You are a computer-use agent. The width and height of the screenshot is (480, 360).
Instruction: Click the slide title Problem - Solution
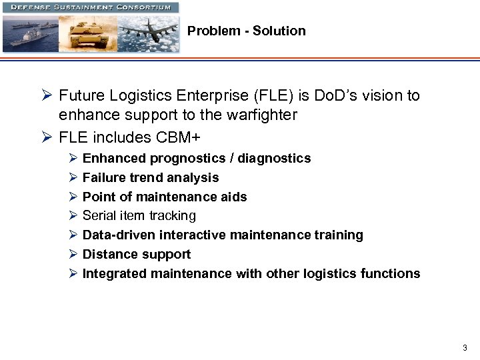246,31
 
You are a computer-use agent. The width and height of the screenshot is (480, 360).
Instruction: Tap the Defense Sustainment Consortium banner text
90,7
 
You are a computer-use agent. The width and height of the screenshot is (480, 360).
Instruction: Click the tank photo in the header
89,33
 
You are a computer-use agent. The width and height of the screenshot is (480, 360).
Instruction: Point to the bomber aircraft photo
148,33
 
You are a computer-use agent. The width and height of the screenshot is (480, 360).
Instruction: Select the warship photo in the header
30,33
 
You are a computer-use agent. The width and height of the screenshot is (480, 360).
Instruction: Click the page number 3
465,347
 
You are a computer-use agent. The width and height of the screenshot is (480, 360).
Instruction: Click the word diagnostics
277,159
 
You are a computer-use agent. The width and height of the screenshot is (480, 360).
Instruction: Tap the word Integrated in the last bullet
115,273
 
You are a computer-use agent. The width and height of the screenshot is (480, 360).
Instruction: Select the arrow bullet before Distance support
73,254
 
